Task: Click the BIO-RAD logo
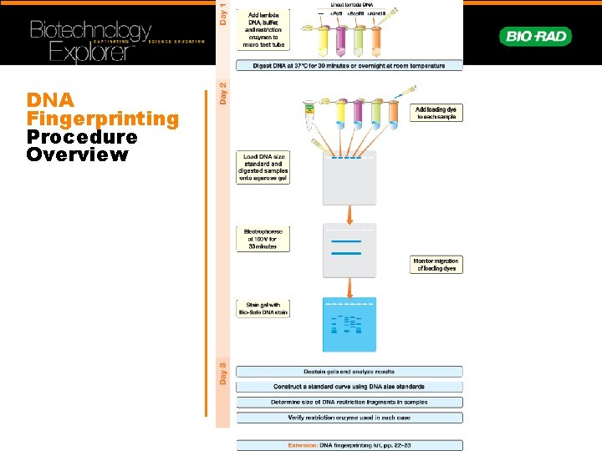pos(535,36)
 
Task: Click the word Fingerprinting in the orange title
pos(103,119)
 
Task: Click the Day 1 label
pos(222,13)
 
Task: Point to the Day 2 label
pos(222,92)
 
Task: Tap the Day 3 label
pos(222,372)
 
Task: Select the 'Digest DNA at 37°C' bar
pos(349,65)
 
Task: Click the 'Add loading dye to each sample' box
pos(436,113)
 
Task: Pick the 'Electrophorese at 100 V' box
pos(263,239)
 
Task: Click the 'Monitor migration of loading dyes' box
pos(436,265)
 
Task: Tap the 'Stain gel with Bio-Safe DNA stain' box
pos(263,308)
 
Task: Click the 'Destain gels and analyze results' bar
pos(349,372)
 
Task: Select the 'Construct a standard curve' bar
pos(349,387)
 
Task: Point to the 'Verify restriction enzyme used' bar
pos(349,417)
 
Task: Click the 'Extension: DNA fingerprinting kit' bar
pos(349,445)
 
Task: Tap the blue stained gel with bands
pos(349,324)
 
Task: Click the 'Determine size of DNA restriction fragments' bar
pos(349,402)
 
